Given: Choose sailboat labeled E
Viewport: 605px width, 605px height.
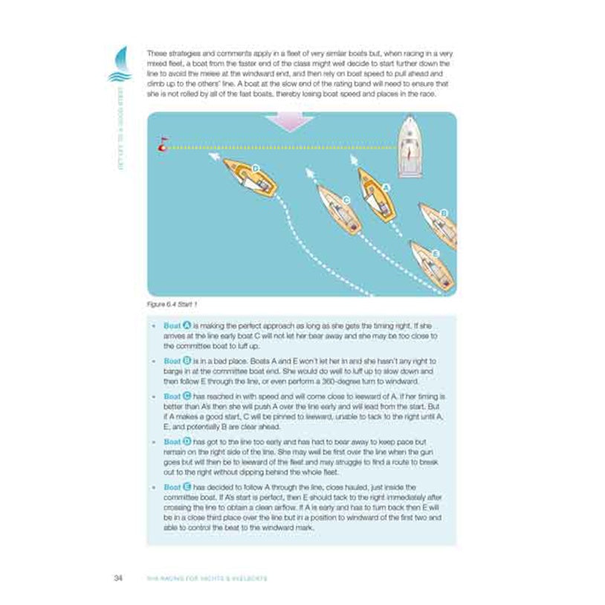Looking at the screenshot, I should click(433, 264).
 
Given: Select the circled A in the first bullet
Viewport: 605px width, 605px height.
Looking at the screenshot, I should click(187, 326).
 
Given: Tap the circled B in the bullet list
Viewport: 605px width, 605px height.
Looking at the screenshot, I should click(187, 360).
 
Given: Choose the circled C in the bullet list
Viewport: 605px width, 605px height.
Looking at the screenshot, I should click(187, 395).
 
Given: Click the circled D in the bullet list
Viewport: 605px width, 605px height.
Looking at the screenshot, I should click(187, 441).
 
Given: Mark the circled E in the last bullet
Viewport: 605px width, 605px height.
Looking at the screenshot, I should click(187, 487).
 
